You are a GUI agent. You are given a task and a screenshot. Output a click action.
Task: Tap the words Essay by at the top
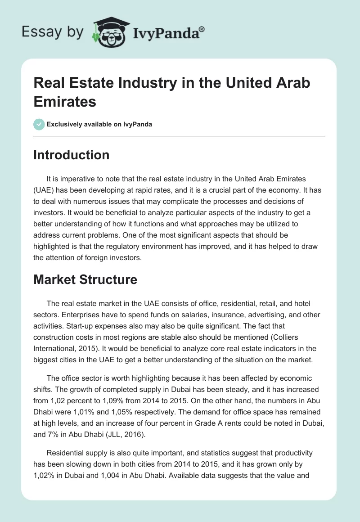pyautogui.click(x=53, y=32)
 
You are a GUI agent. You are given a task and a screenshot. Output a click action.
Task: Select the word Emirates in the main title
pyautogui.click(x=65, y=101)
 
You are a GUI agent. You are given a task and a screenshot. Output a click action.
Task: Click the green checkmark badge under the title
pyautogui.click(x=39, y=124)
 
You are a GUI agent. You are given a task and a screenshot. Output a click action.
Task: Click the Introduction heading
pyautogui.click(x=71, y=155)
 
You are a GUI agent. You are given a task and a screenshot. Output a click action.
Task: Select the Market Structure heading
pyautogui.click(x=85, y=279)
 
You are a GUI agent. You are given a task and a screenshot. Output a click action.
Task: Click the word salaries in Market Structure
pyautogui.click(x=204, y=315)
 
